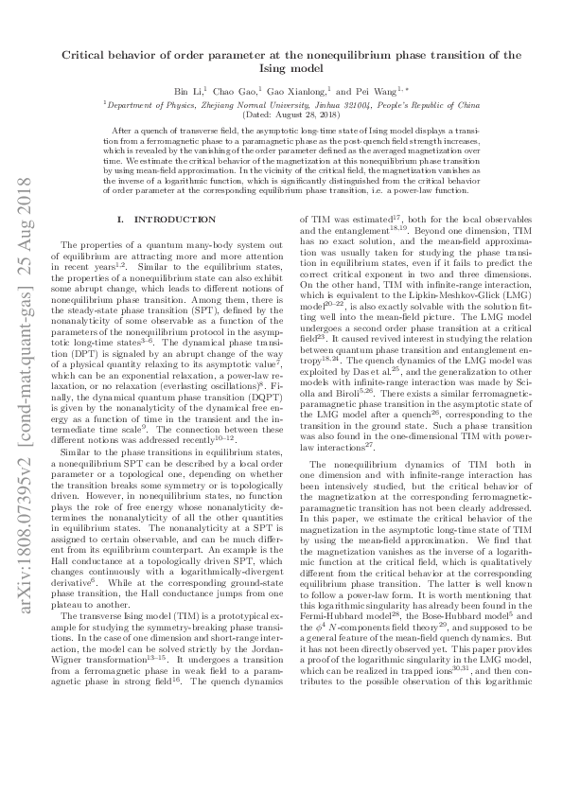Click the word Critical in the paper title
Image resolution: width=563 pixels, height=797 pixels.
coord(86,55)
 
